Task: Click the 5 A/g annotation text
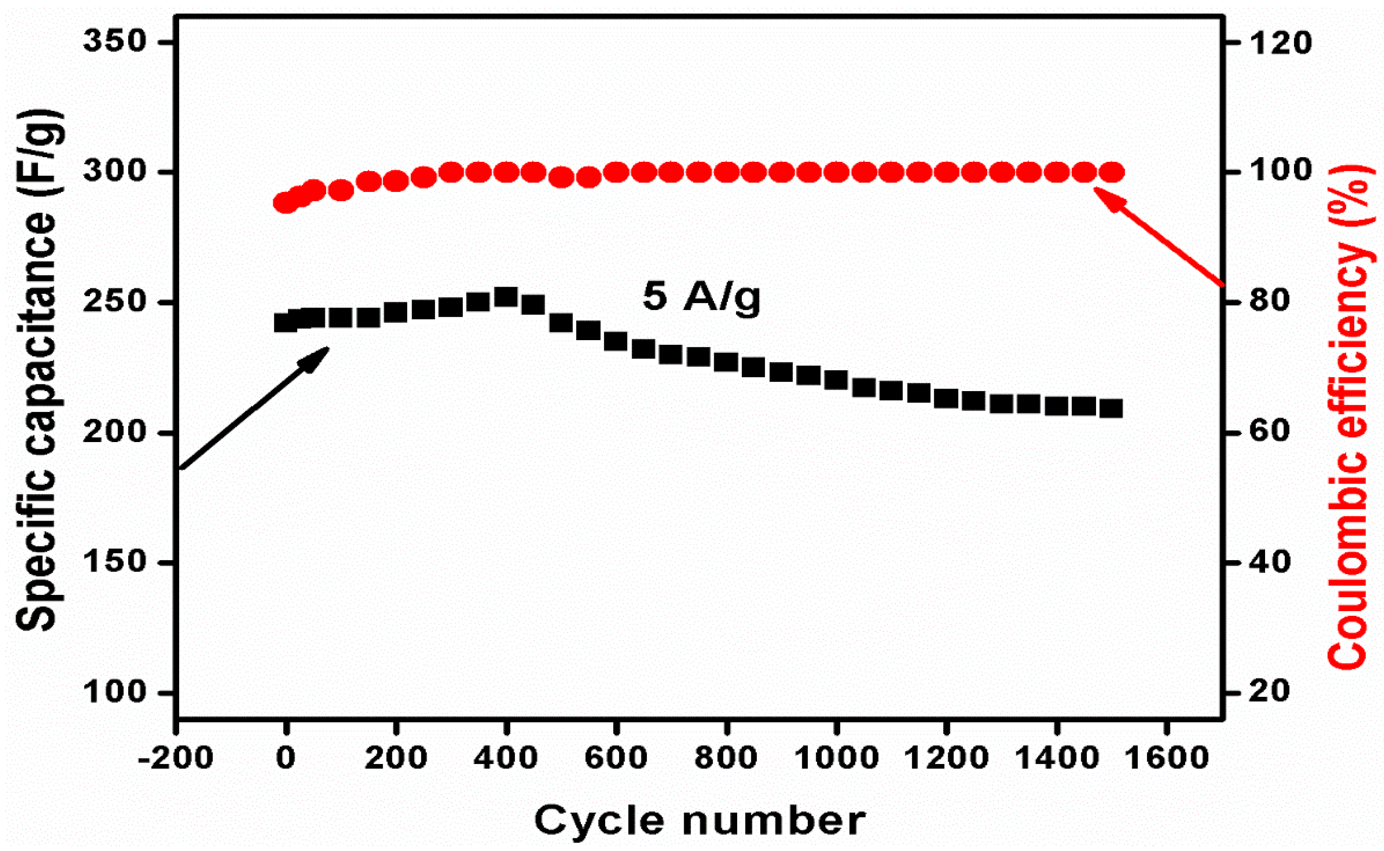coord(701,298)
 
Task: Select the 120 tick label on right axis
coord(1278,43)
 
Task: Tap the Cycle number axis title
coord(699,820)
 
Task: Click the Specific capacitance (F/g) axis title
coord(37,372)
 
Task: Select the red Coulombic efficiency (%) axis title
coord(1347,417)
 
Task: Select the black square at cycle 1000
coord(836,380)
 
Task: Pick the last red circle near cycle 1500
coord(1112,172)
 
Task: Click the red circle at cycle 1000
coord(836,172)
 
